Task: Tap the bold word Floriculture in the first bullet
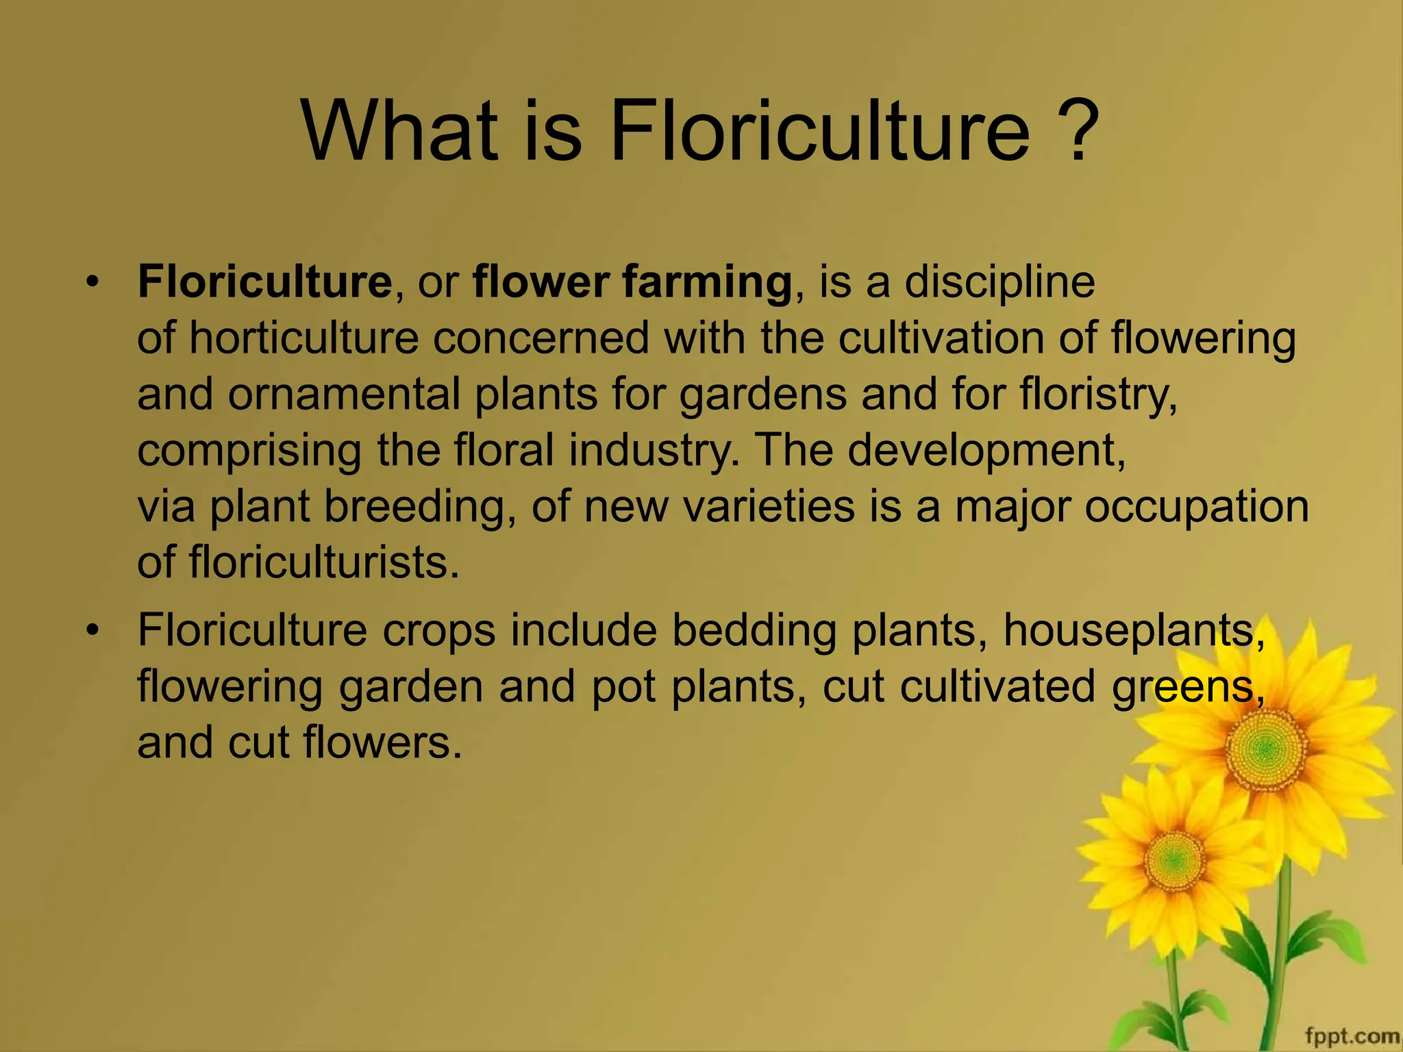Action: [264, 282]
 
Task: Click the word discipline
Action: [1000, 282]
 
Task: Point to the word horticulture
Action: [303, 338]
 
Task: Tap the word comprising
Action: [249, 451]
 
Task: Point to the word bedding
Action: [754, 630]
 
